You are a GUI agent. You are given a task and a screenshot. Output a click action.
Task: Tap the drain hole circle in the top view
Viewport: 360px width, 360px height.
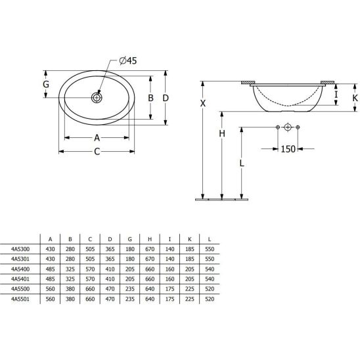click(97, 97)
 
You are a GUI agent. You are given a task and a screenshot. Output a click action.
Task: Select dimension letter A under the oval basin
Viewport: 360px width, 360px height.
click(97, 138)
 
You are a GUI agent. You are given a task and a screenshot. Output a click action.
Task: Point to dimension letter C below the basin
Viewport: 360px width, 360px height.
click(97, 152)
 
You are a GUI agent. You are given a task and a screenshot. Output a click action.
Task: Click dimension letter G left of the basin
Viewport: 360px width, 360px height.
click(46, 84)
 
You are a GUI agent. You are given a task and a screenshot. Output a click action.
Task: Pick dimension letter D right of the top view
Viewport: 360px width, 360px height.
click(166, 97)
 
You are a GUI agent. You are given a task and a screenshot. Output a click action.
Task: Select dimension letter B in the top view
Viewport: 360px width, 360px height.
click(150, 97)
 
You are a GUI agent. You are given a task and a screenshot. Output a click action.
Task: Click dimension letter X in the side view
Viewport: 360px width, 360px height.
click(203, 104)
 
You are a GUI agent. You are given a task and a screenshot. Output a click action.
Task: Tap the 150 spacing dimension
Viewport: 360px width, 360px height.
click(288, 149)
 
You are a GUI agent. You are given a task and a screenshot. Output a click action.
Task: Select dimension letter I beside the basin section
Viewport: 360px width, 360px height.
click(336, 95)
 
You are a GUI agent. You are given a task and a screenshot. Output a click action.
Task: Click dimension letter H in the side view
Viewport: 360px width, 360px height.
click(222, 133)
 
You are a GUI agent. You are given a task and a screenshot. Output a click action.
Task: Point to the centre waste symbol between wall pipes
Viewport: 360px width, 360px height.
click(286, 126)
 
